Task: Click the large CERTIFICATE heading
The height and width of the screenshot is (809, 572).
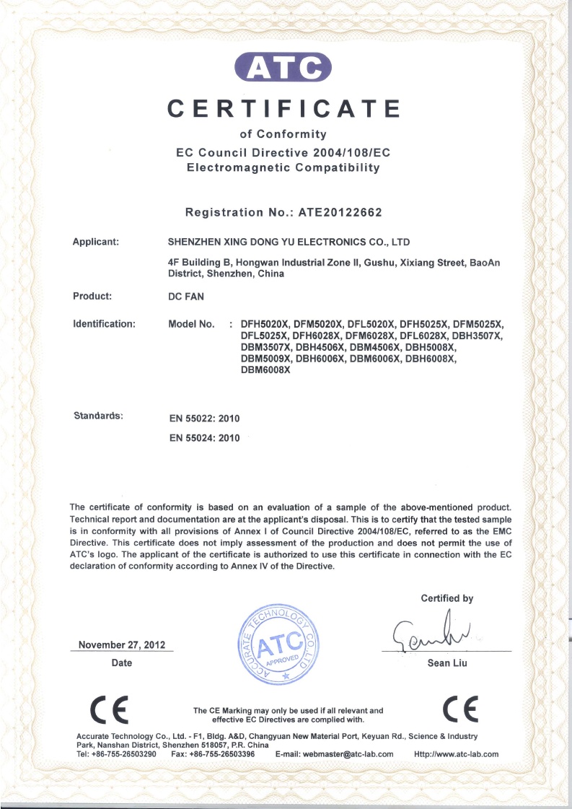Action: click(x=284, y=109)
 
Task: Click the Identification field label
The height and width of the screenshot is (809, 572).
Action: click(x=104, y=324)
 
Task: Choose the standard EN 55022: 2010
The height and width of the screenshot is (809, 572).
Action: click(x=203, y=419)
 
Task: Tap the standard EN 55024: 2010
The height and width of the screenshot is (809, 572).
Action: click(x=203, y=437)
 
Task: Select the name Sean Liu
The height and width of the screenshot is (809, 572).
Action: click(x=447, y=663)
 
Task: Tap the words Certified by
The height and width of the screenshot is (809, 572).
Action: click(x=447, y=598)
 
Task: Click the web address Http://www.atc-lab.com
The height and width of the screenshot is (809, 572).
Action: click(x=457, y=754)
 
